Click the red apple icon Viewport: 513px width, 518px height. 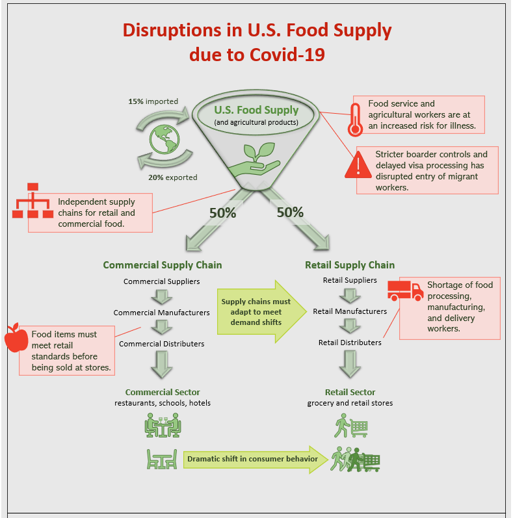coord(12,337)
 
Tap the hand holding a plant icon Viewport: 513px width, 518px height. coord(258,159)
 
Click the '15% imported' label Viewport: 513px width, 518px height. coord(153,101)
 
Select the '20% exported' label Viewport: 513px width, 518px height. coord(172,177)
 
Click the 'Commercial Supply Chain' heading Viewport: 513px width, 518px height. coord(163,265)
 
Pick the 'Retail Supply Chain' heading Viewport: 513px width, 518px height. coord(350,265)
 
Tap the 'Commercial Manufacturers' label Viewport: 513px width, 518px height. coord(161,313)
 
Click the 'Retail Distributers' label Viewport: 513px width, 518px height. coord(350,343)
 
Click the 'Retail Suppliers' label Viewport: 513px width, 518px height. coord(350,280)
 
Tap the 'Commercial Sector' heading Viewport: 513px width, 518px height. coord(163,393)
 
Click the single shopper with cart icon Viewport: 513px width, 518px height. coord(351,426)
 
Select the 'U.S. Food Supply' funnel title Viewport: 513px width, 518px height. coord(257,110)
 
